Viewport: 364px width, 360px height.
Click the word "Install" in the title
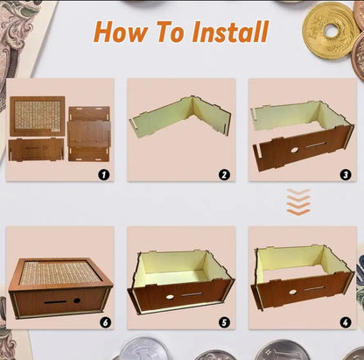click(x=222, y=33)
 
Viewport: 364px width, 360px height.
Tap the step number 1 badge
click(x=104, y=173)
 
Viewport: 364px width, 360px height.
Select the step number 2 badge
click(x=224, y=173)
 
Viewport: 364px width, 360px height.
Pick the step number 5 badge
click(x=224, y=321)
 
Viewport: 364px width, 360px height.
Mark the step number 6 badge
click(x=104, y=321)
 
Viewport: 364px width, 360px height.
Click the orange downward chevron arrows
click(x=298, y=204)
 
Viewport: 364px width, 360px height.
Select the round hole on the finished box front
click(x=77, y=300)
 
